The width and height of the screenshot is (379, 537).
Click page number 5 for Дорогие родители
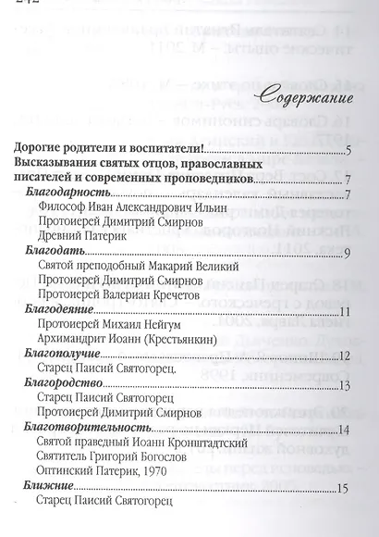coord(343,150)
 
